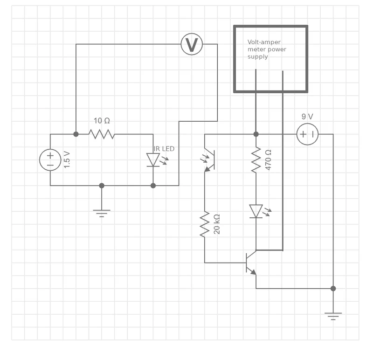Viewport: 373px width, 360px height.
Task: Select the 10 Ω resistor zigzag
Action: click(x=102, y=134)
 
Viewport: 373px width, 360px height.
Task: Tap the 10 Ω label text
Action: click(x=102, y=121)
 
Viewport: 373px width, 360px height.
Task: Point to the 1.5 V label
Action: click(x=67, y=159)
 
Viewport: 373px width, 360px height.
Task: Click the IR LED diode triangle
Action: click(x=153, y=159)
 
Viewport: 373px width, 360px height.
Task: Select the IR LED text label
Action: click(x=164, y=149)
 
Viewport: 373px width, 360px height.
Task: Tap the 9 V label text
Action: click(x=307, y=117)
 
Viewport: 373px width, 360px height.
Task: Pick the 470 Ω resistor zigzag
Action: click(x=256, y=160)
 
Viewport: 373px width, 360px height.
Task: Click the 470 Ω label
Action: click(x=268, y=160)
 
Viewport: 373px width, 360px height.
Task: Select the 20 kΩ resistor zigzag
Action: click(x=205, y=224)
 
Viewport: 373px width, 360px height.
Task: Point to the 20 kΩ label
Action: click(x=217, y=224)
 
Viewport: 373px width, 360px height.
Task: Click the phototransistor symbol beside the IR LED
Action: click(x=209, y=160)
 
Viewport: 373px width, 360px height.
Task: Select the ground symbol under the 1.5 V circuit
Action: click(x=102, y=214)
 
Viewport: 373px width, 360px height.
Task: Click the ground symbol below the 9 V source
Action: click(x=333, y=317)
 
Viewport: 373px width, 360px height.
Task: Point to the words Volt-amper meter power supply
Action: click(x=267, y=49)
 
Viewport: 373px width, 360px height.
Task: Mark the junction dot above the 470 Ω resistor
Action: click(x=256, y=134)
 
